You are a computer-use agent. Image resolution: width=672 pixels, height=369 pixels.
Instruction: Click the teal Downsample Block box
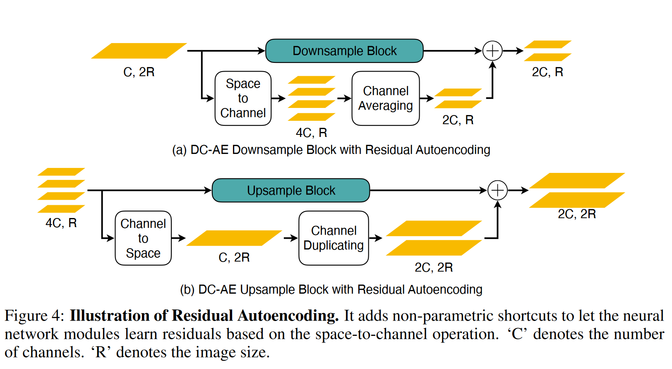click(x=344, y=51)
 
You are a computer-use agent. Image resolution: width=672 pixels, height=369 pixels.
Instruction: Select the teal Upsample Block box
click(x=291, y=190)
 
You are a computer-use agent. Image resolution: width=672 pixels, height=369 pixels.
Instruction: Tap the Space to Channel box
click(x=243, y=98)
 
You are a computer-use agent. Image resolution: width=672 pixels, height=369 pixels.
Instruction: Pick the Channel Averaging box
click(x=385, y=98)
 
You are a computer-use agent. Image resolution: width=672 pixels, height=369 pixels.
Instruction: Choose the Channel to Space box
click(x=143, y=238)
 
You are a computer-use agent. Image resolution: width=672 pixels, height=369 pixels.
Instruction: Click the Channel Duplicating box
click(x=334, y=238)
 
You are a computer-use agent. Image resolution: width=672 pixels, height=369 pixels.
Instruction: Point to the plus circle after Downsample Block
click(x=492, y=51)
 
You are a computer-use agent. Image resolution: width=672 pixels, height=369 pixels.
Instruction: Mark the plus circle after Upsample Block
click(x=497, y=190)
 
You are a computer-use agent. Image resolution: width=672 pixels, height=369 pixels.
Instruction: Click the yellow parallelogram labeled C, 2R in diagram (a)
click(x=139, y=51)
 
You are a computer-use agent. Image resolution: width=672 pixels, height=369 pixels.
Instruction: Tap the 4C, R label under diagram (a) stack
click(x=311, y=133)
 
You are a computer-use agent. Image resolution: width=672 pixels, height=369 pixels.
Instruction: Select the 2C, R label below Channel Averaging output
click(x=458, y=120)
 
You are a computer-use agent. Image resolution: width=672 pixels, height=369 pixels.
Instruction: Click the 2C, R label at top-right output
click(x=547, y=72)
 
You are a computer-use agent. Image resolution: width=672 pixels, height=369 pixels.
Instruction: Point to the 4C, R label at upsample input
click(x=61, y=223)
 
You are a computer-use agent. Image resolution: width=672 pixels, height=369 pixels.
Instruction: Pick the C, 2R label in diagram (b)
click(x=234, y=257)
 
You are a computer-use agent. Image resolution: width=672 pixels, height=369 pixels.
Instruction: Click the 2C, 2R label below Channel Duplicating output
click(x=434, y=267)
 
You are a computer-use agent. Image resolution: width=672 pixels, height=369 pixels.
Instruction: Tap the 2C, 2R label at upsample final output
click(x=577, y=214)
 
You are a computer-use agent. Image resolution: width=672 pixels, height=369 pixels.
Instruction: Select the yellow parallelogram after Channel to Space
click(x=234, y=238)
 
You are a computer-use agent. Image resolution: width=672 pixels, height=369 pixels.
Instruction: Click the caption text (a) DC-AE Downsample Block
click(x=331, y=150)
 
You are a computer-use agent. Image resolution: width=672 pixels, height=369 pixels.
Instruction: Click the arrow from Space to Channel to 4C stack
click(x=278, y=98)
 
